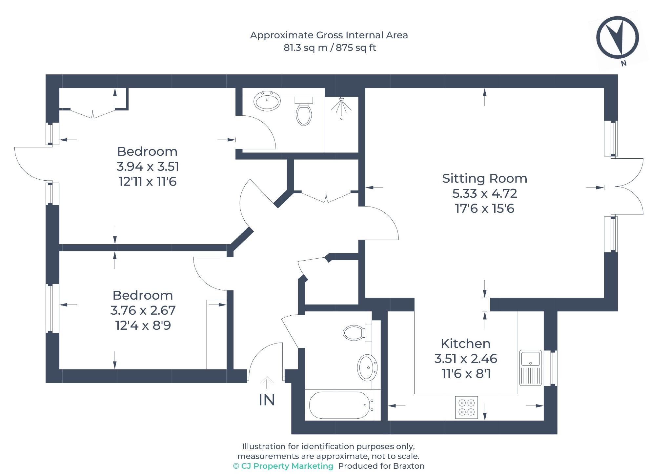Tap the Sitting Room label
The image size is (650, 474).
coord(484,179)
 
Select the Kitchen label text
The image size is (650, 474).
coord(465,344)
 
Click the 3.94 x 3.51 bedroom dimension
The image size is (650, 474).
coord(148,167)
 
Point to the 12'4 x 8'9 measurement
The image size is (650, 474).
coord(143,326)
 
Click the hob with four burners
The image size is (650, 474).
coord(466,407)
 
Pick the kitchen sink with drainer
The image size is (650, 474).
coord(530,367)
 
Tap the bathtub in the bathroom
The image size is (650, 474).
coord(339,405)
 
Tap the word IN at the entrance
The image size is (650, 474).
coord(267,400)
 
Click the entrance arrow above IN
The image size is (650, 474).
coord(267,382)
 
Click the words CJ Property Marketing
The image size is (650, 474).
coord(287,466)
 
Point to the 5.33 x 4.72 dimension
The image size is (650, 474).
coord(484,193)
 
